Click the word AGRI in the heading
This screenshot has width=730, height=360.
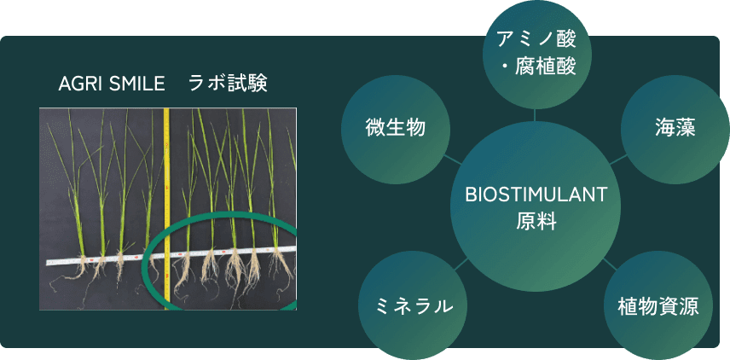(81, 84)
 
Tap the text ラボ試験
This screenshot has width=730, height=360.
(229, 84)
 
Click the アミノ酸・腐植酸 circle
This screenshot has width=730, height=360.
(535, 54)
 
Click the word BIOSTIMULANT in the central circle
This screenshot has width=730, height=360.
(536, 195)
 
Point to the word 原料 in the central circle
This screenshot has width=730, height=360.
(536, 222)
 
